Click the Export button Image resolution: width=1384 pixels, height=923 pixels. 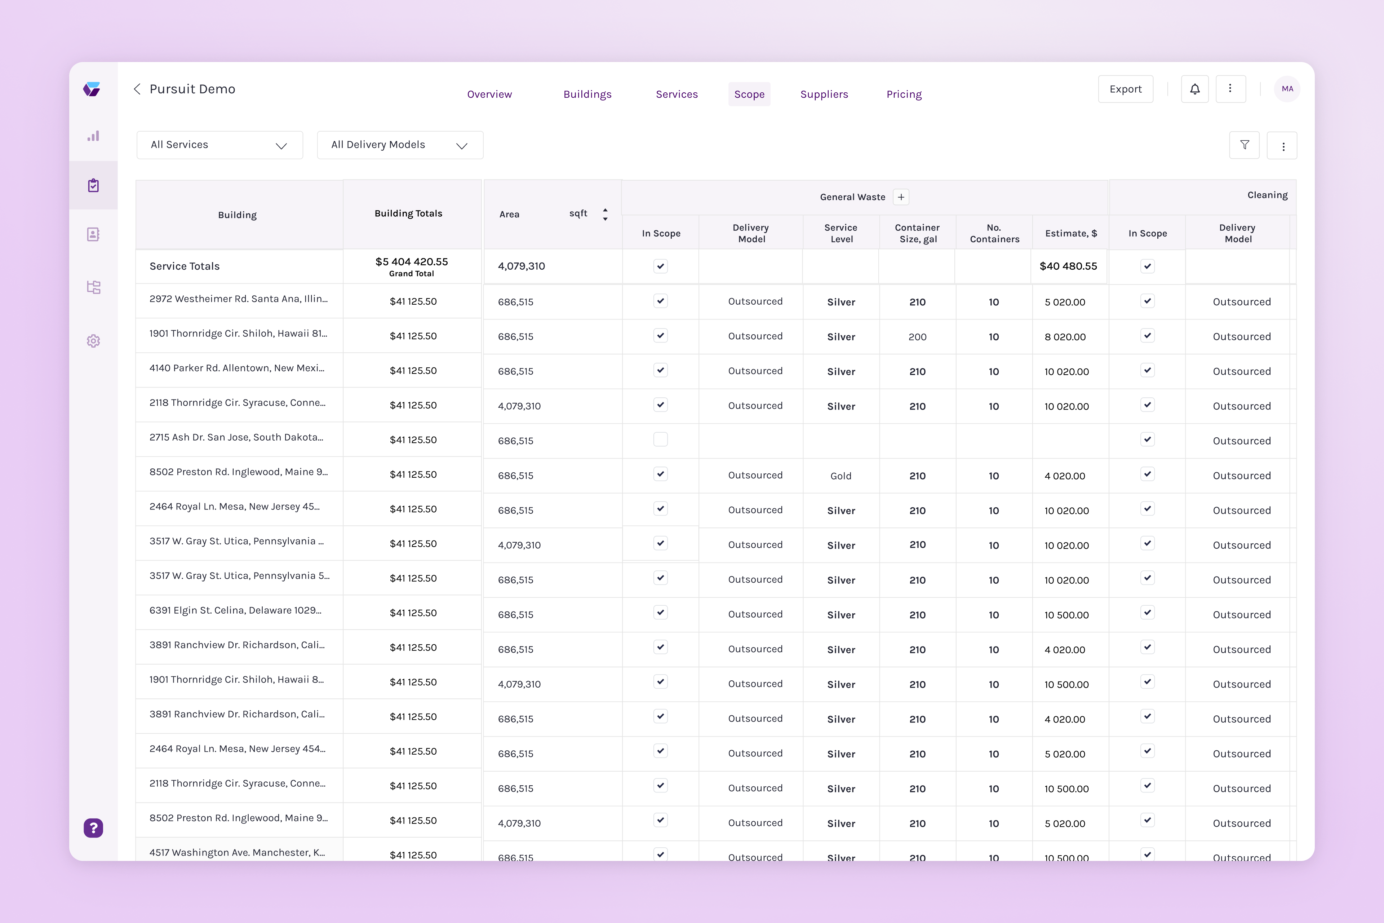point(1125,89)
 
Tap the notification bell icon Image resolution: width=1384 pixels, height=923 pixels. point(1194,89)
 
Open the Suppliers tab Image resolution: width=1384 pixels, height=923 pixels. point(824,94)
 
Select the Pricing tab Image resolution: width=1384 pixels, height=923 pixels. point(904,94)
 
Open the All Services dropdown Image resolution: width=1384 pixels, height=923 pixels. point(219,145)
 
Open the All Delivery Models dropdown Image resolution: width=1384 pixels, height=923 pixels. point(400,145)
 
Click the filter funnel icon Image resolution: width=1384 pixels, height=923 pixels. point(1244,145)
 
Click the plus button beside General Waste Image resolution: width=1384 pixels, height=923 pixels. point(901,197)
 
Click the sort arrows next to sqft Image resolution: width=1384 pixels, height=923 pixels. point(605,214)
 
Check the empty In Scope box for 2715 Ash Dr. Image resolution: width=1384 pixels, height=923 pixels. point(660,440)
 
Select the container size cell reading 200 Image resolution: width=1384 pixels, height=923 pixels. point(917,337)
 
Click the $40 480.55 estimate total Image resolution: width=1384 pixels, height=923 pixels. point(1068,266)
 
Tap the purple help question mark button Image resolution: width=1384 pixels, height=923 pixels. point(93,828)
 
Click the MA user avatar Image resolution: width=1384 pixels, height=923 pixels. point(1287,89)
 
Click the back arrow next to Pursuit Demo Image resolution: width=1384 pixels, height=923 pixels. point(137,89)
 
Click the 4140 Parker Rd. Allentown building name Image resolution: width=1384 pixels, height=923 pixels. point(236,368)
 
